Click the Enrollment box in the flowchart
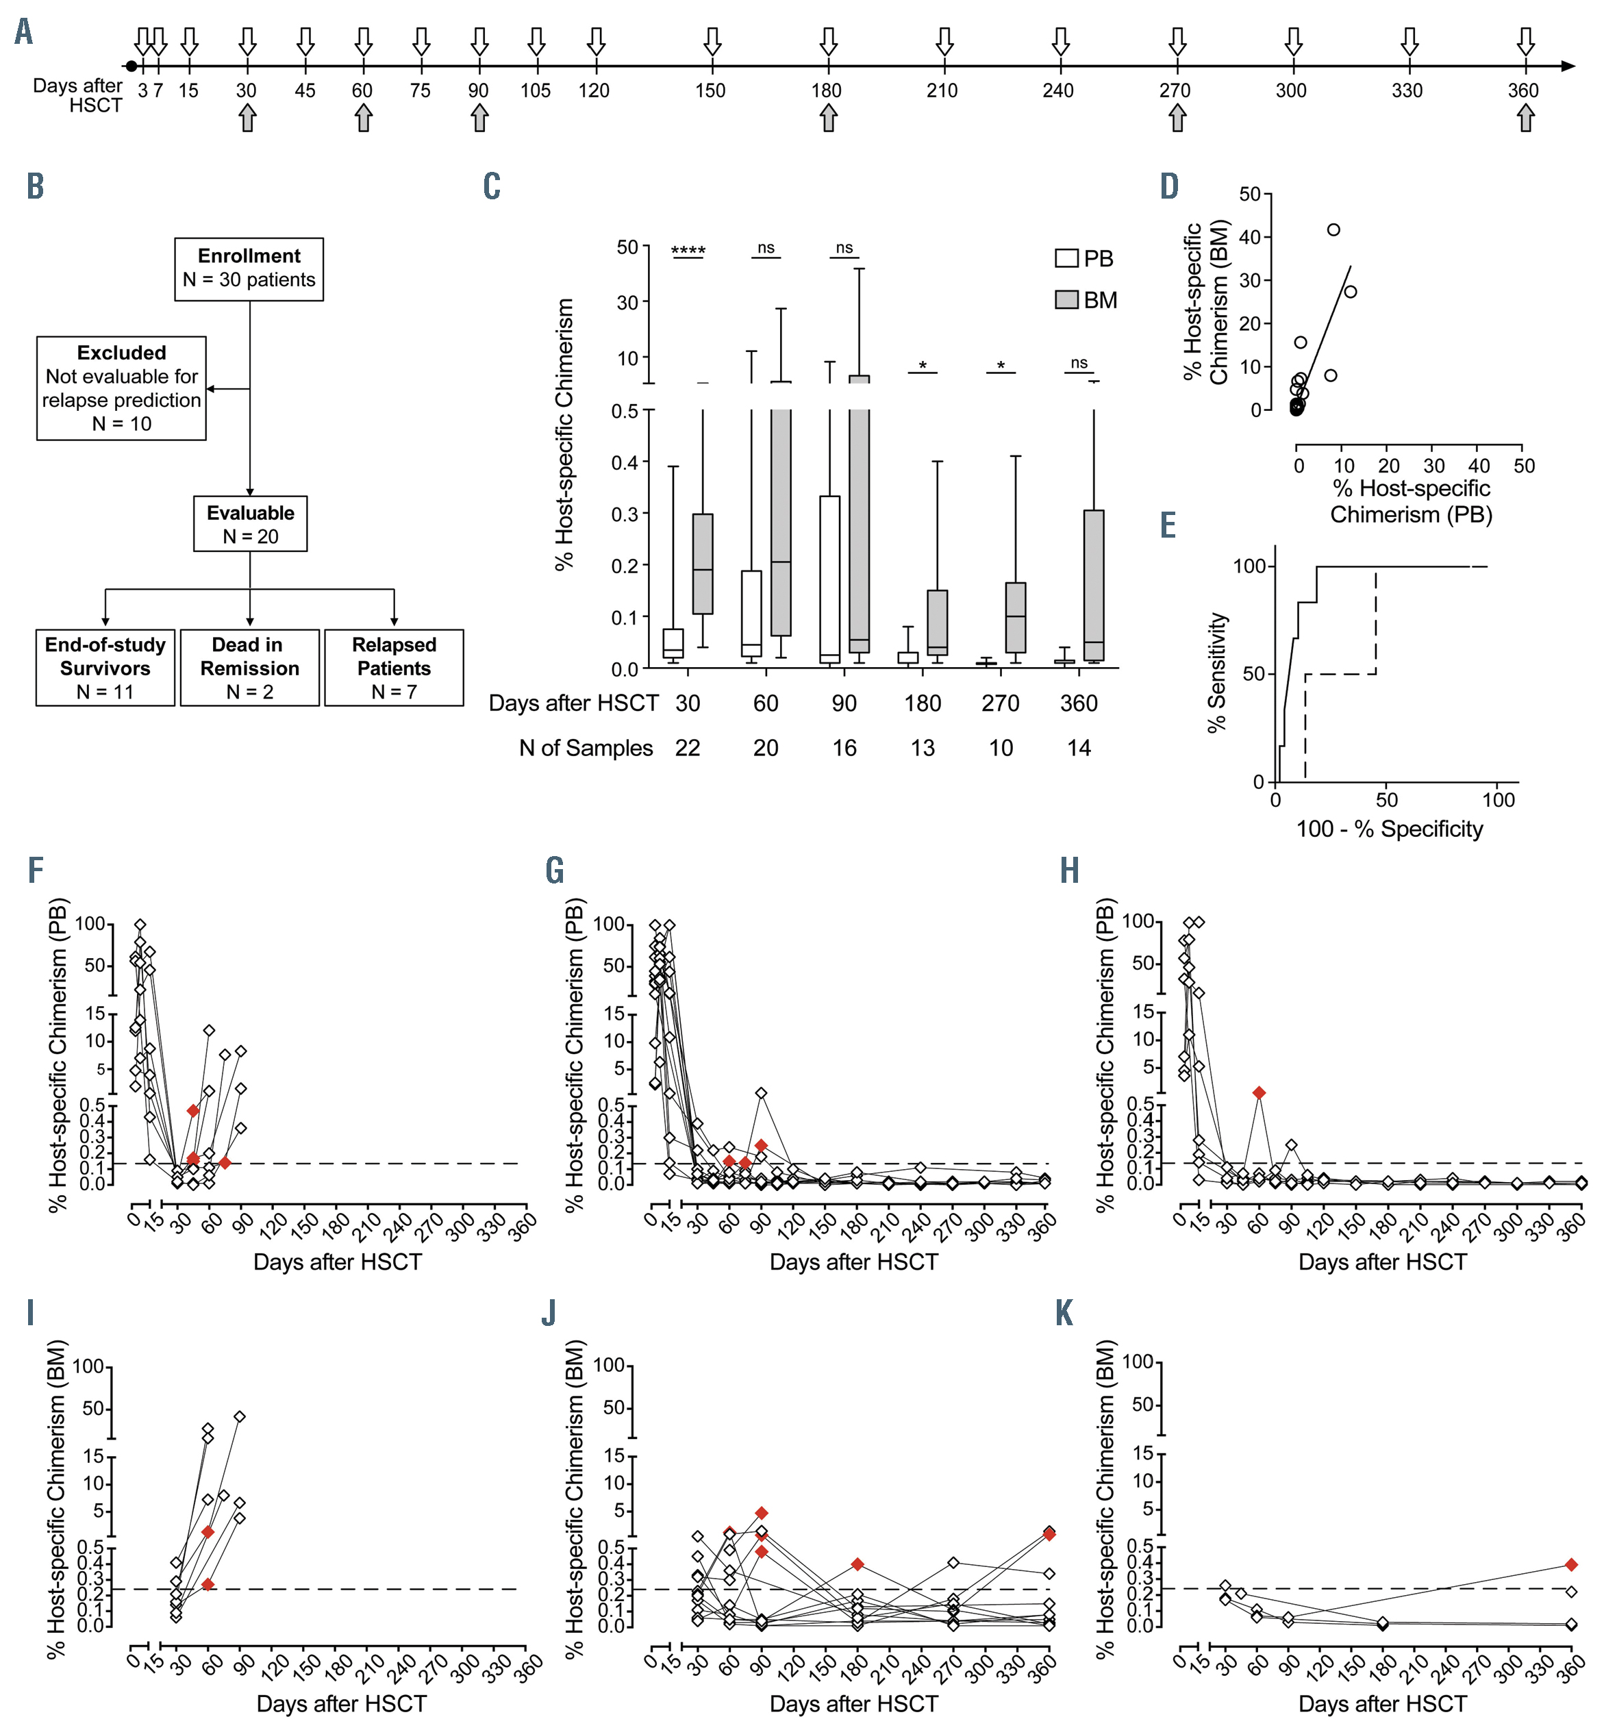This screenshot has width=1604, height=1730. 249,269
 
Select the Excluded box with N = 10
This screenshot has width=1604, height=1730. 121,388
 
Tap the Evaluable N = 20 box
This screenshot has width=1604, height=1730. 250,525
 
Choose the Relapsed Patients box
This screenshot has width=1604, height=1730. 394,668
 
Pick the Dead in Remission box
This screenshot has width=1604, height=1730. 250,668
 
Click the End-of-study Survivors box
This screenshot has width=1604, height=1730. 105,668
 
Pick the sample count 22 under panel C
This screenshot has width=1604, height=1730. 688,749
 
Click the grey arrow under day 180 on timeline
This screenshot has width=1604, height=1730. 828,118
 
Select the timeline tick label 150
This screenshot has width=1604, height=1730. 710,90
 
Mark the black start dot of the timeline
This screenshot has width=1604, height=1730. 131,66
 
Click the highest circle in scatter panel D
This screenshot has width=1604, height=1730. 1333,230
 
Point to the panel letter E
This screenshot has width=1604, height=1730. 1168,526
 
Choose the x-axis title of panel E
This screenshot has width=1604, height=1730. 1389,829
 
